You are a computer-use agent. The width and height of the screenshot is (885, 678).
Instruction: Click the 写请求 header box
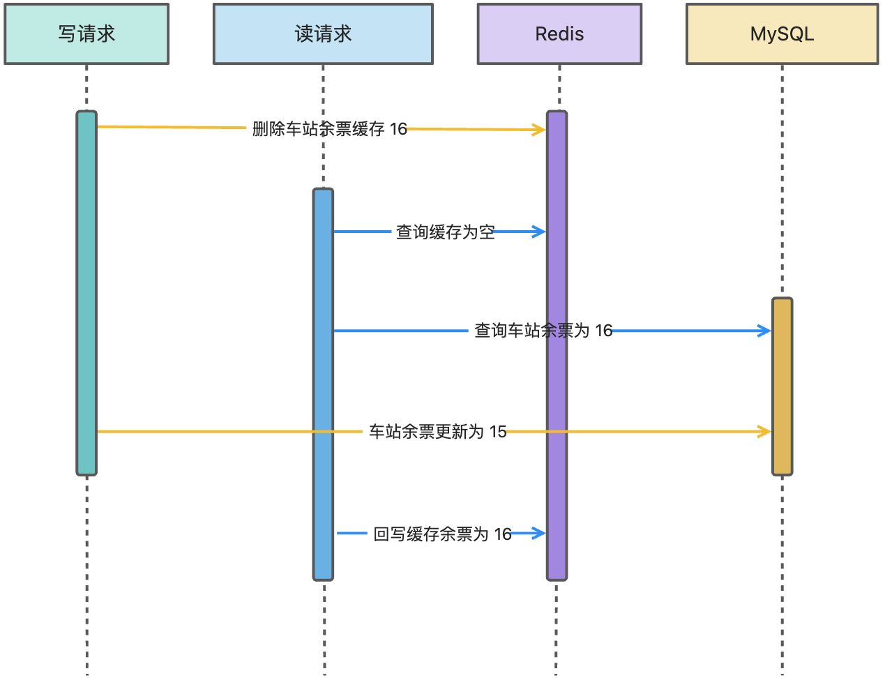pos(86,33)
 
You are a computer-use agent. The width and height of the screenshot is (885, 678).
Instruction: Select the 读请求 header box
pos(323,33)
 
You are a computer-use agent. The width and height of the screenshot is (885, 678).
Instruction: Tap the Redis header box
pos(559,33)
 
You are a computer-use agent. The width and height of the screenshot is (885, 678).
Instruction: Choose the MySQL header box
pos(782,33)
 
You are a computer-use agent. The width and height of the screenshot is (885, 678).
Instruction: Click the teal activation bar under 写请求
pos(86,293)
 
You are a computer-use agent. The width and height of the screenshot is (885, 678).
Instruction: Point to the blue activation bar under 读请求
pos(323,384)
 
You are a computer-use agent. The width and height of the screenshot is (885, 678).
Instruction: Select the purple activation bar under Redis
pos(557,345)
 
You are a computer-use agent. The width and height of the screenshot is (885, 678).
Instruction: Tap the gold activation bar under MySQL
pos(782,386)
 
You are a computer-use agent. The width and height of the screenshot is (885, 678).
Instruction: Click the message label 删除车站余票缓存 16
pos(329,128)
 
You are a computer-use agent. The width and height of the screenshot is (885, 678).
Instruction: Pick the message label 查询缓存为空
pos(445,232)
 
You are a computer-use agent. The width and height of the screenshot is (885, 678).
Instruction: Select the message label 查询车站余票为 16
pos(543,330)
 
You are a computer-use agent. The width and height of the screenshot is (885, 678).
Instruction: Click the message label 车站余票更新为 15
pos(438,432)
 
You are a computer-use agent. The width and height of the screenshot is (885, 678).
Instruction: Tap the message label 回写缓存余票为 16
pos(442,534)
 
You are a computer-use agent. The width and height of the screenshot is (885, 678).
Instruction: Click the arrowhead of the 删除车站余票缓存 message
pos(540,130)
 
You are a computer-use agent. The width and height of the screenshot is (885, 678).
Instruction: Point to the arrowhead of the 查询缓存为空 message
pos(540,232)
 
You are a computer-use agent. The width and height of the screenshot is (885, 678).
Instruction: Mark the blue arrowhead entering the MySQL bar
pos(764,330)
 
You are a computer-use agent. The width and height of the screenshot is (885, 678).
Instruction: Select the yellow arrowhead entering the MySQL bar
pos(764,431)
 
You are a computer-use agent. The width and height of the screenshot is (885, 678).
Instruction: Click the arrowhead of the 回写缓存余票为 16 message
pos(540,533)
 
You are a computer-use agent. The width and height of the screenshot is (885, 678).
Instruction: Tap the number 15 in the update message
pos(498,432)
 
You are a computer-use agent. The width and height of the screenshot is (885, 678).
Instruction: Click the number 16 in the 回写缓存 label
pos(503,534)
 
